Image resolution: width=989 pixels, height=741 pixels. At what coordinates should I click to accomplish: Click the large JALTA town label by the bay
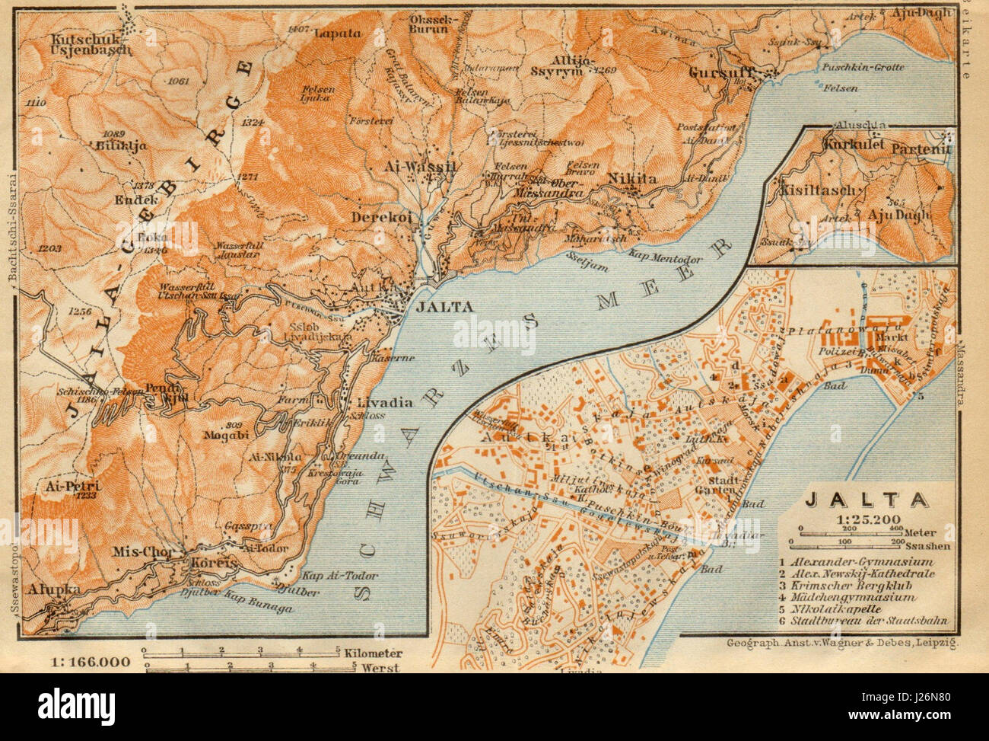point(445,306)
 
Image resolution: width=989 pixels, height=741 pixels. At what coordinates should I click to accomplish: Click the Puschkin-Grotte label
point(863,67)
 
